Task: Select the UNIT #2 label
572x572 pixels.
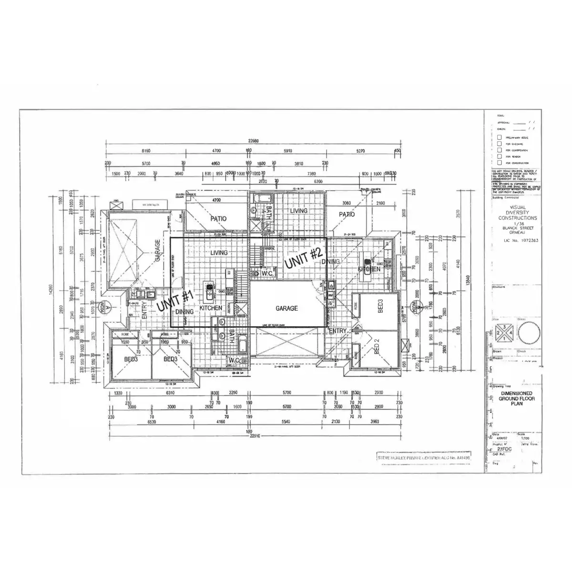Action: point(304,258)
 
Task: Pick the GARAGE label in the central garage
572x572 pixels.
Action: point(286,308)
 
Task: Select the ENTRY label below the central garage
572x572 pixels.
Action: point(338,331)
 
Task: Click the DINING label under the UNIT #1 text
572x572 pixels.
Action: point(184,312)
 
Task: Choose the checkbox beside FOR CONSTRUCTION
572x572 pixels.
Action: point(499,163)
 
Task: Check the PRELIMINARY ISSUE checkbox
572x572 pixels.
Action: point(499,137)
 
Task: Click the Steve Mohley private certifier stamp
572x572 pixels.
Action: point(423,456)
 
